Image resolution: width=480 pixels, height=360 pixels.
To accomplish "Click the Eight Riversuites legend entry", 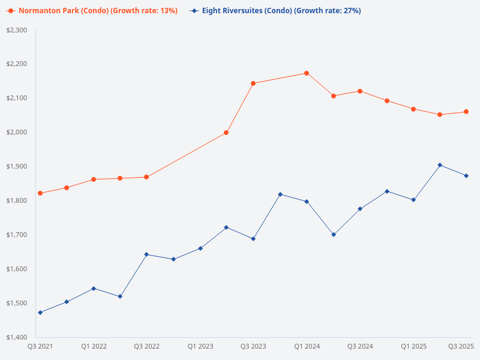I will coord(275,11).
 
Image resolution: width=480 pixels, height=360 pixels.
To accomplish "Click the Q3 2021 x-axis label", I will coord(40,346).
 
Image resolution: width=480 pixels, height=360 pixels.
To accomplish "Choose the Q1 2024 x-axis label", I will coord(307,346).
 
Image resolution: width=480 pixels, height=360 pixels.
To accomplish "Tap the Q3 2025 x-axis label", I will coord(461,346).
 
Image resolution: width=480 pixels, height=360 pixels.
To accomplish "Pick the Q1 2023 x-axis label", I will coord(200,346).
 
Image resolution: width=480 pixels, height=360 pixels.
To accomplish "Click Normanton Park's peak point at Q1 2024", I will coord(307,73).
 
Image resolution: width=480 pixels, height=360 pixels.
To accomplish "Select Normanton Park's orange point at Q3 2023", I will coord(253,83).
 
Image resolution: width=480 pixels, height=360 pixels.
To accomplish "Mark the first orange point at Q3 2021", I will coord(40,193).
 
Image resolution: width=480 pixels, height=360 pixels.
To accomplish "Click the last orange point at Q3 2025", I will coord(466,112).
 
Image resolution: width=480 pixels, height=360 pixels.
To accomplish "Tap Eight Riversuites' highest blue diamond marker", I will coord(440,165).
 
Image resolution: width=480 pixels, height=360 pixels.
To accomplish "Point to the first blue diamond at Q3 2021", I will coord(40,313).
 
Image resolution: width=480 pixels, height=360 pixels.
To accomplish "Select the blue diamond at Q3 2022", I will coord(146,254).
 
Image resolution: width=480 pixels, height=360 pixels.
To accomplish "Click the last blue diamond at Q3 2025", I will coord(466,176).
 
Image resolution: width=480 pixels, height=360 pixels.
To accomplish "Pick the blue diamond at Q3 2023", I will coord(253,239).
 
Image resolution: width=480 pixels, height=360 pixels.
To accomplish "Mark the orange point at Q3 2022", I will coord(146,177).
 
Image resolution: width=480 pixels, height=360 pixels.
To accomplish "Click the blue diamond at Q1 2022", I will coord(94,289).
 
